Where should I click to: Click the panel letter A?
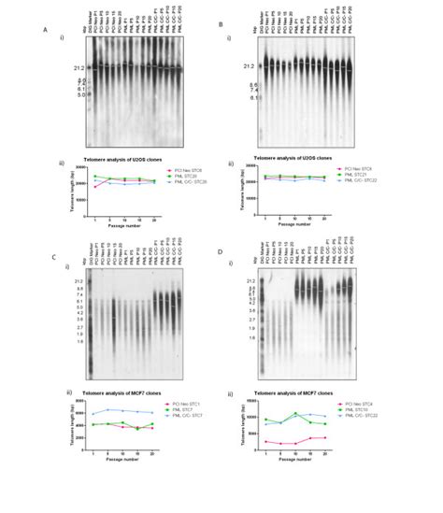tap(46, 29)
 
